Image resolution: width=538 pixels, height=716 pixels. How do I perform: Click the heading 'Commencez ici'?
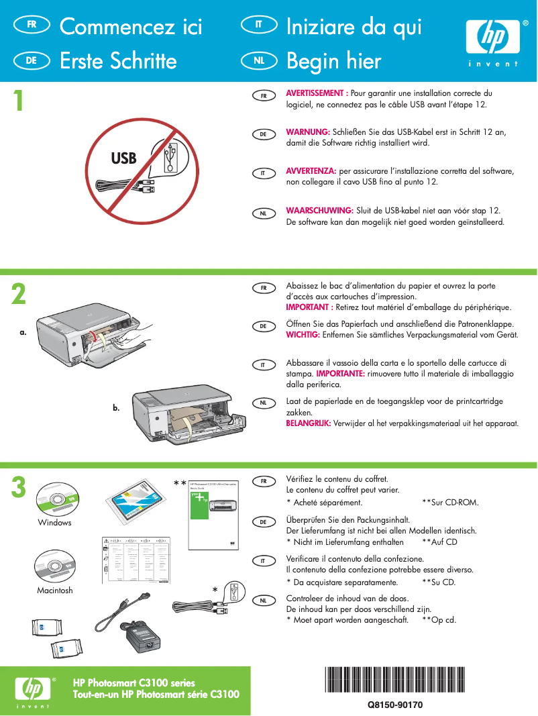(131, 27)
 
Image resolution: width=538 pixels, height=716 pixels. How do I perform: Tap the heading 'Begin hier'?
(333, 61)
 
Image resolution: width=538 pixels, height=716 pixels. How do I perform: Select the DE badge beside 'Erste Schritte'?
(31, 60)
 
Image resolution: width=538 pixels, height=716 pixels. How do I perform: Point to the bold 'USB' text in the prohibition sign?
(123, 158)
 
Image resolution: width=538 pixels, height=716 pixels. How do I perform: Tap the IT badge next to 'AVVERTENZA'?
(264, 173)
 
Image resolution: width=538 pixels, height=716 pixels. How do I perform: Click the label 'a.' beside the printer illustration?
(23, 331)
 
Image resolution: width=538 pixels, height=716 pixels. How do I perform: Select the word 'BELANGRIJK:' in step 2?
(311, 423)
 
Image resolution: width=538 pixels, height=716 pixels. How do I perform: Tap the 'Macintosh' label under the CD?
(55, 591)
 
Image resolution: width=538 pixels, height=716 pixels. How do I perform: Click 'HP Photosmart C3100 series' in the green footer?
(133, 683)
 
